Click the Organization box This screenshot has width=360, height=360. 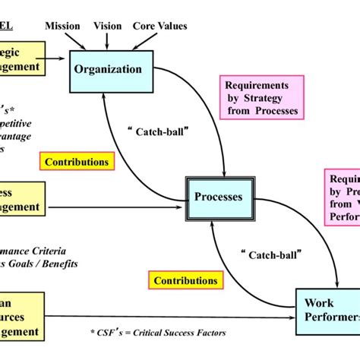pos(107,70)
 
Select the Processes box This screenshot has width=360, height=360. pos(218,197)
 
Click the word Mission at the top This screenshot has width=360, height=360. pos(62,26)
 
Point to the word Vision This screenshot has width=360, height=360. pos(107,26)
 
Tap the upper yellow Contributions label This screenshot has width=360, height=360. pos(77,161)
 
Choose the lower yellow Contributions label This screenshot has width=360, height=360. pos(185,280)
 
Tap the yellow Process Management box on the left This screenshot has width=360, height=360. pos(23,199)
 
